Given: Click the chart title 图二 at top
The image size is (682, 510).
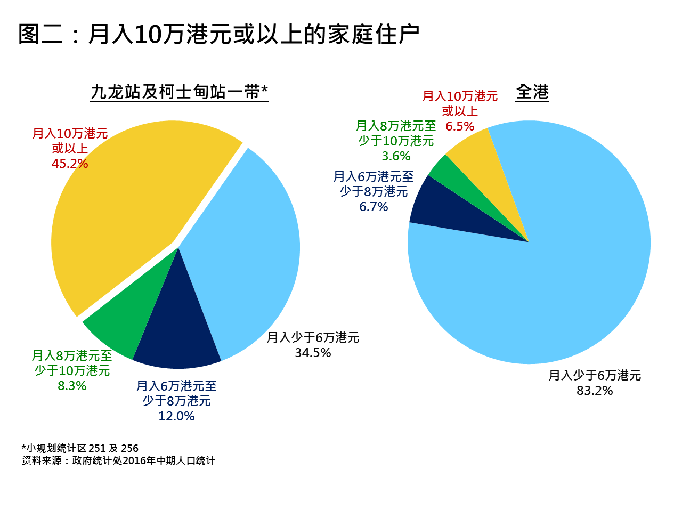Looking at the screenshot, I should click(x=218, y=34).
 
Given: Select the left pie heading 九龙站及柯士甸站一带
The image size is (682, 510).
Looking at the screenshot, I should click(x=179, y=92).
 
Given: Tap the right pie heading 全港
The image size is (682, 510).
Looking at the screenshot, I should click(x=532, y=92).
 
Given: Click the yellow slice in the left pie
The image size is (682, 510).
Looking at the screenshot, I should click(x=128, y=203).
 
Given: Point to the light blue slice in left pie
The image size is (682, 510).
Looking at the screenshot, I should click(x=245, y=256).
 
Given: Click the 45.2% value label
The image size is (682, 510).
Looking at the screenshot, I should click(x=70, y=164).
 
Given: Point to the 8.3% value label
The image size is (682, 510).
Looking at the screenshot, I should click(x=72, y=386).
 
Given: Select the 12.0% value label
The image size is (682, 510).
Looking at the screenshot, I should click(x=176, y=416).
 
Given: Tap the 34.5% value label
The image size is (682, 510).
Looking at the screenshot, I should click(x=313, y=353).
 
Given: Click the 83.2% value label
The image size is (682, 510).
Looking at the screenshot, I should click(x=595, y=391).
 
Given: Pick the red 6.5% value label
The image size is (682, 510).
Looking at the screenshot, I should click(x=460, y=126).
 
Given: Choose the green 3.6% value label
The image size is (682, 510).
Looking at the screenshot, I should click(x=396, y=156).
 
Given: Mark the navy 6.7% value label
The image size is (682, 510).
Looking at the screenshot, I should click(x=374, y=207).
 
